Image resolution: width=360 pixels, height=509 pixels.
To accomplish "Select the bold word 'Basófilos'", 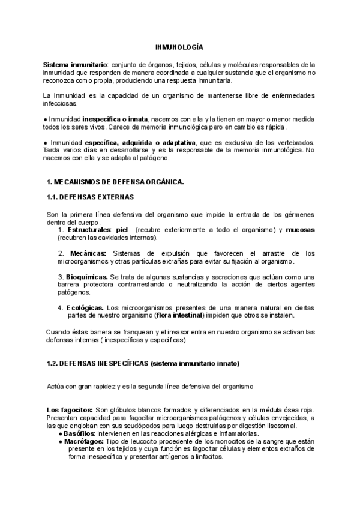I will pos(80,433).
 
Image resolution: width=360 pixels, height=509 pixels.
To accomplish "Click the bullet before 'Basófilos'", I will pos(61,433).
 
